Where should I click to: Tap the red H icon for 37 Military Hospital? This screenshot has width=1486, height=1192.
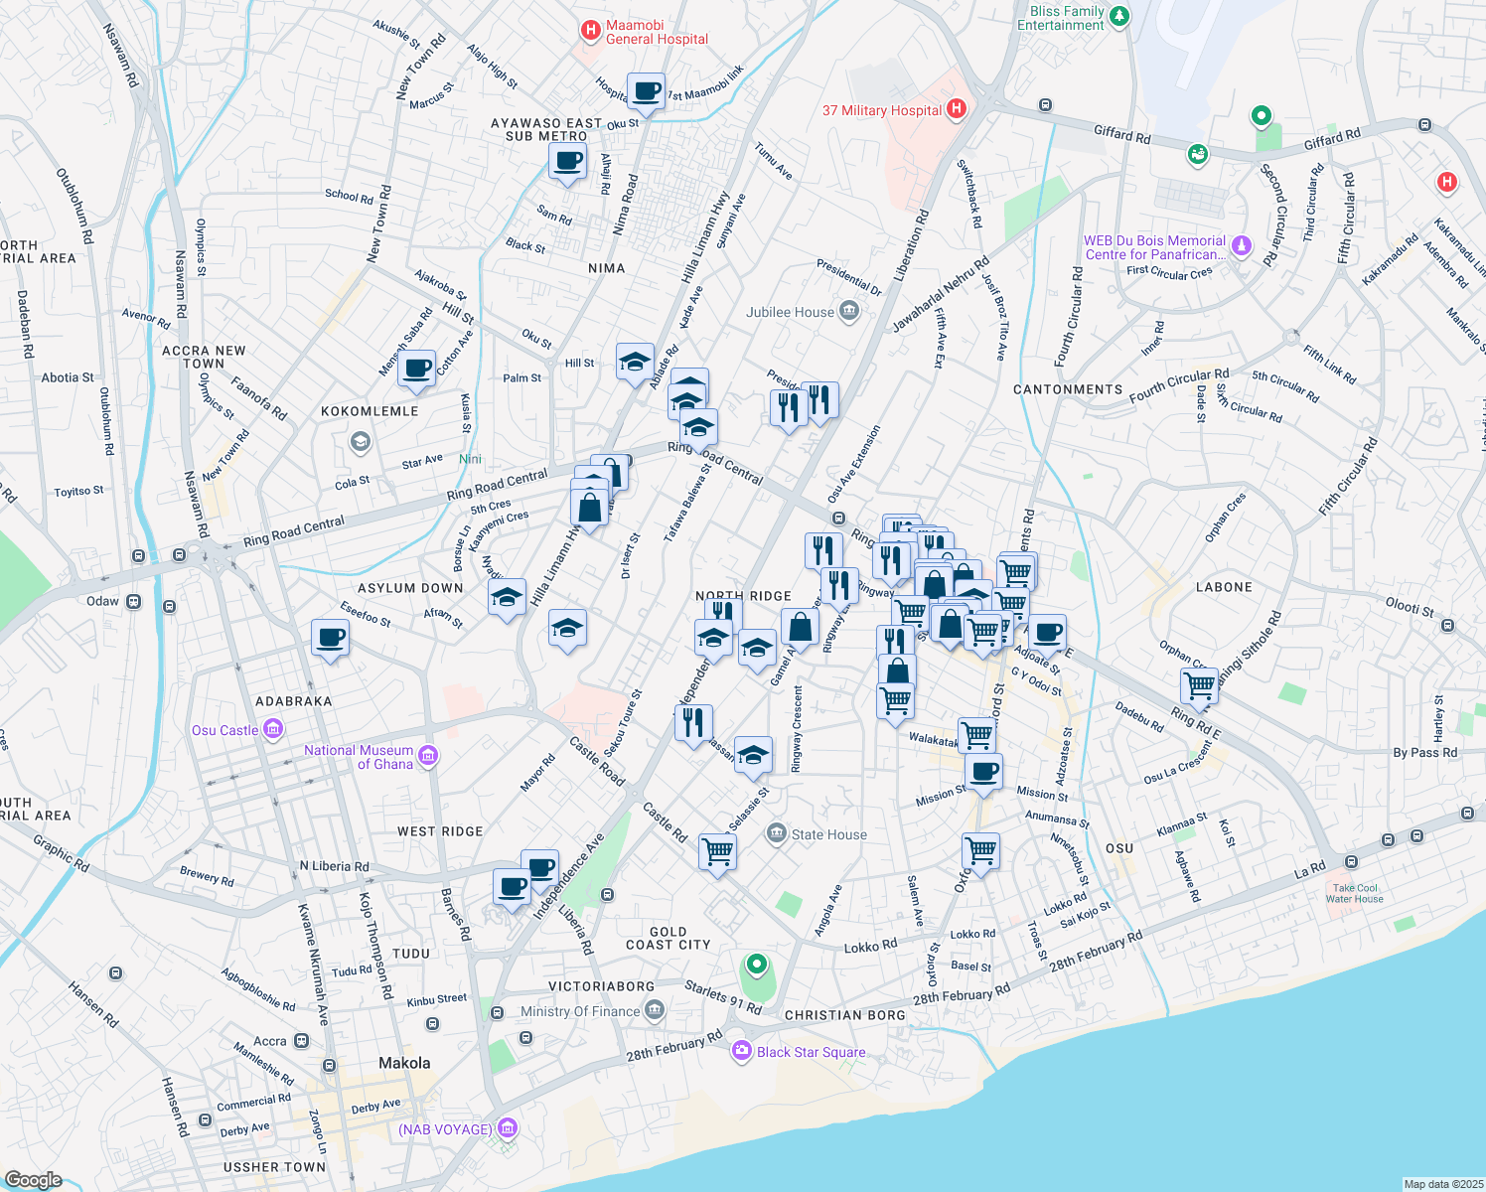[957, 109]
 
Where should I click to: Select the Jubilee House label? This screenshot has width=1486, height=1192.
[791, 312]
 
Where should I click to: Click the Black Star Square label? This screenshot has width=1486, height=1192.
[811, 1052]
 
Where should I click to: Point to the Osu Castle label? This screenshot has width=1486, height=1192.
[225, 730]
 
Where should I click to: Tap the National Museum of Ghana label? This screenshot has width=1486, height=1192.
[359, 757]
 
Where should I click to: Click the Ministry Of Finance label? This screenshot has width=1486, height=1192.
[580, 1011]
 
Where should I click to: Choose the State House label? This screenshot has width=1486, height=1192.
[828, 834]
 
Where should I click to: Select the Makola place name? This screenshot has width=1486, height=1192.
[404, 1063]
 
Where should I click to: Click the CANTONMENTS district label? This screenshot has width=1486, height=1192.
[1068, 389]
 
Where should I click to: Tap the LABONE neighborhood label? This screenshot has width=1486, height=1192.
[1224, 587]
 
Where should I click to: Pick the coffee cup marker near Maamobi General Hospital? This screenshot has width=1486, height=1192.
[647, 92]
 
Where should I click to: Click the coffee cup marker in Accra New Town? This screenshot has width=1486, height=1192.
[417, 368]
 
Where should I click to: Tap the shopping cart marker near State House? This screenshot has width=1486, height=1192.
[717, 851]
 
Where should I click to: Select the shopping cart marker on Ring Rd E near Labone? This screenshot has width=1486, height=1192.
[1199, 685]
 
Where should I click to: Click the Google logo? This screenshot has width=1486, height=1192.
[33, 1179]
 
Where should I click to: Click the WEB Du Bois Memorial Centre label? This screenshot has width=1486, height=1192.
[1154, 247]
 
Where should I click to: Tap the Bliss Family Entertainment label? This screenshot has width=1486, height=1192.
[1061, 18]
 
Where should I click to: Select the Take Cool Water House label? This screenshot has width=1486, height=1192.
[1355, 893]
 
